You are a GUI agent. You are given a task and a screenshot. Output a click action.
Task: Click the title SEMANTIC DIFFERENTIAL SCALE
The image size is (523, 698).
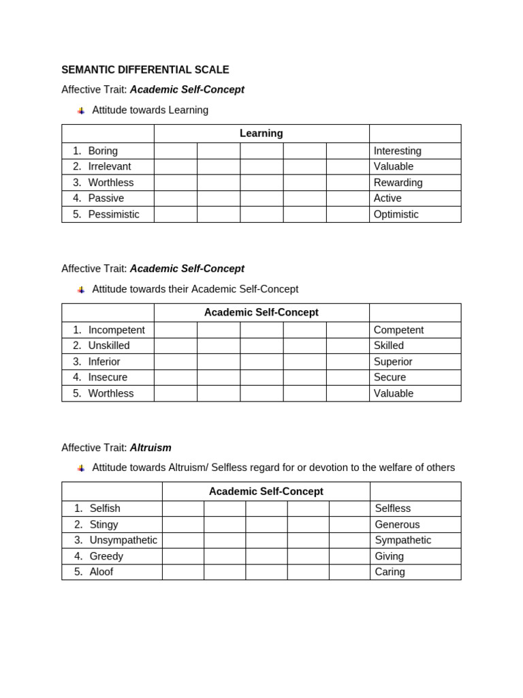click(x=145, y=70)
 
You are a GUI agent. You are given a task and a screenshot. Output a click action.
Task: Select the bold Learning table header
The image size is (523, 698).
click(x=261, y=134)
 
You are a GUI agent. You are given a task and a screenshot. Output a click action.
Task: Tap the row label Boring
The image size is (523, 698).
click(x=103, y=151)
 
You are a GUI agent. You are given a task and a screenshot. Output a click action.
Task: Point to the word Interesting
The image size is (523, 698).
click(x=397, y=151)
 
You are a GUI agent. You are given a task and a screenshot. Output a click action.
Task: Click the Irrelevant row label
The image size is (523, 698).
click(x=109, y=166)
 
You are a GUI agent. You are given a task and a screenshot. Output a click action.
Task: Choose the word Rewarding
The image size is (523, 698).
click(x=398, y=183)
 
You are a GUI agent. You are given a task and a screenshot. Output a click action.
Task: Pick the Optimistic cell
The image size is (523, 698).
click(x=396, y=214)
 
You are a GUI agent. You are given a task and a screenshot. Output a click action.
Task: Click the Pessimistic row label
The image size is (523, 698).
click(x=113, y=214)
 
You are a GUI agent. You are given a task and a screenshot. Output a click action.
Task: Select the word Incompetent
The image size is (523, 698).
click(x=116, y=330)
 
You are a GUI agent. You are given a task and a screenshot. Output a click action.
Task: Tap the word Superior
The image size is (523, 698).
click(x=393, y=362)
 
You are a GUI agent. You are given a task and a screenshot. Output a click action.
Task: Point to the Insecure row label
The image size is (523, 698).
click(x=108, y=377)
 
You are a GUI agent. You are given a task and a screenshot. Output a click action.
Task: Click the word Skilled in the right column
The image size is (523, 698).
click(x=388, y=346)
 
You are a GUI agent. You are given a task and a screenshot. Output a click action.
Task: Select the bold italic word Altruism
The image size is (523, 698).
click(x=150, y=448)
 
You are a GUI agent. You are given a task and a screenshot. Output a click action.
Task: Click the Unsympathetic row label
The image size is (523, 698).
click(x=123, y=540)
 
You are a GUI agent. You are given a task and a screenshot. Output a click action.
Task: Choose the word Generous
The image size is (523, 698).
click(x=397, y=524)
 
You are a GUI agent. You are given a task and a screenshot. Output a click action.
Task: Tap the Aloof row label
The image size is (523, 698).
click(x=101, y=572)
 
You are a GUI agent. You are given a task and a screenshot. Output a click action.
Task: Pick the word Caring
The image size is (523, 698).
click(x=390, y=572)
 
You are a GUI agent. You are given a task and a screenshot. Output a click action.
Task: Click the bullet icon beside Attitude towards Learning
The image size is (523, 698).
click(x=81, y=110)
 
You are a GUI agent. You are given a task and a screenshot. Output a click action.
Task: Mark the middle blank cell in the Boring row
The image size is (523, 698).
click(x=261, y=151)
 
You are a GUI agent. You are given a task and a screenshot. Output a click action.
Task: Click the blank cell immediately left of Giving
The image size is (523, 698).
click(x=349, y=556)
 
